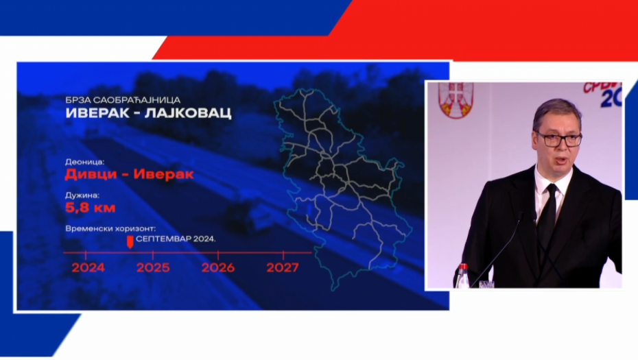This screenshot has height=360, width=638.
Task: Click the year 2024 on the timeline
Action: point(88,267)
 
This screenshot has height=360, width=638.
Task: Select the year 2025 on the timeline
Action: point(152,267)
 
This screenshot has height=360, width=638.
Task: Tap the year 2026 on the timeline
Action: point(217,267)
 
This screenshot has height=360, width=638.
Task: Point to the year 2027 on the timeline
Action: point(282,267)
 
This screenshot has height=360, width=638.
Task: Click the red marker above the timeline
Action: point(130,241)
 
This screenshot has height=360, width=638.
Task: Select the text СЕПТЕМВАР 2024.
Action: point(176,239)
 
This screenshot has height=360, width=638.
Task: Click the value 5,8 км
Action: point(90,208)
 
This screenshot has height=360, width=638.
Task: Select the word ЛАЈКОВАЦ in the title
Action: point(192,113)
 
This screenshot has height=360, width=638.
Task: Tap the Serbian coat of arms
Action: point(456,99)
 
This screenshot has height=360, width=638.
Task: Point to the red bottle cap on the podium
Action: point(463,267)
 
